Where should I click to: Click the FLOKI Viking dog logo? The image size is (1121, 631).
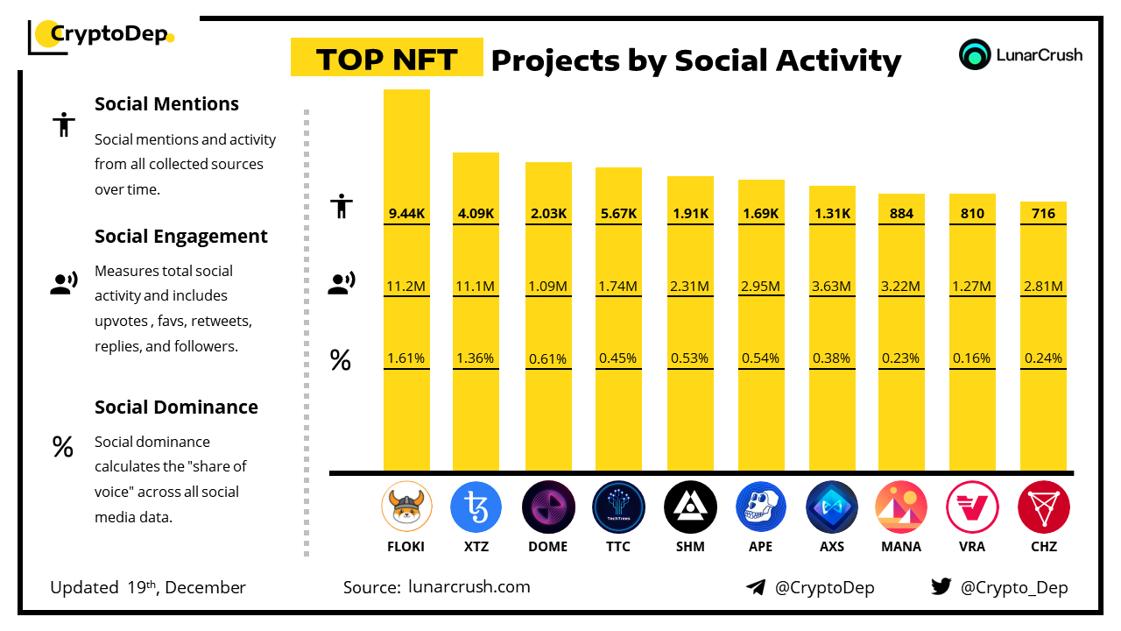pyautogui.click(x=406, y=507)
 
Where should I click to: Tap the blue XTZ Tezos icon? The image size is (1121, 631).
pyautogui.click(x=476, y=507)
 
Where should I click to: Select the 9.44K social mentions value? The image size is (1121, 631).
pyautogui.click(x=406, y=213)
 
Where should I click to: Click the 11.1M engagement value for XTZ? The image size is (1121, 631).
pyautogui.click(x=476, y=286)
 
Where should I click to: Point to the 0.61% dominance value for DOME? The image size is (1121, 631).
pyautogui.click(x=548, y=358)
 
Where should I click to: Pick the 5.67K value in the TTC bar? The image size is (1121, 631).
pyautogui.click(x=618, y=213)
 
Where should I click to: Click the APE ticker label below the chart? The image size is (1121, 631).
pyautogui.click(x=761, y=547)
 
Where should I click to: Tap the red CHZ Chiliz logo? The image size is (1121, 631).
pyautogui.click(x=1043, y=507)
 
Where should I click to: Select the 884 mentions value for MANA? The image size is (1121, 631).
pyautogui.click(x=901, y=213)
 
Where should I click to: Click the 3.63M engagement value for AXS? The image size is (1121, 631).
pyautogui.click(x=832, y=286)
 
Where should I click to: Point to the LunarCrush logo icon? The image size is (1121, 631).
pyautogui.click(x=975, y=55)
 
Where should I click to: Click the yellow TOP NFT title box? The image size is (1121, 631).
pyautogui.click(x=386, y=59)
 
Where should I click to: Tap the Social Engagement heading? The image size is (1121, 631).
pyautogui.click(x=181, y=237)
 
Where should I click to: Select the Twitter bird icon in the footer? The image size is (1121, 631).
pyautogui.click(x=941, y=587)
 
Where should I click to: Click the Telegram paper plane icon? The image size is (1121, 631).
pyautogui.click(x=755, y=587)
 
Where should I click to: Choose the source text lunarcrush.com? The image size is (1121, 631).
pyautogui.click(x=469, y=587)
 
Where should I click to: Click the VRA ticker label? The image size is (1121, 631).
pyautogui.click(x=972, y=547)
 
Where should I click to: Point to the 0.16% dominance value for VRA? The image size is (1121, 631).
pyautogui.click(x=972, y=358)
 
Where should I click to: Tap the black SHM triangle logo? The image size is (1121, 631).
pyautogui.click(x=690, y=507)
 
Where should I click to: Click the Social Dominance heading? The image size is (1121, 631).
pyautogui.click(x=176, y=408)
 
